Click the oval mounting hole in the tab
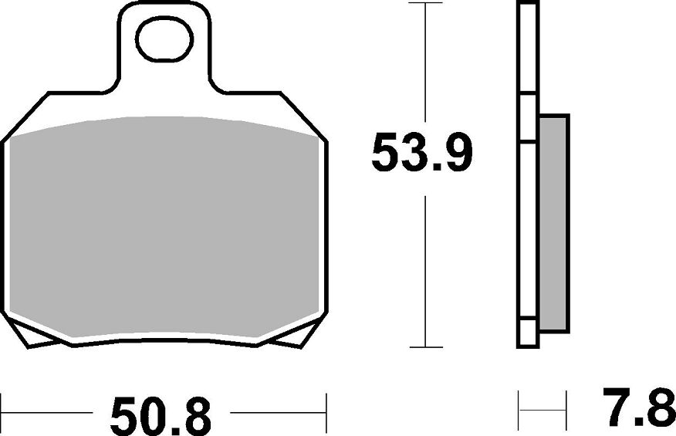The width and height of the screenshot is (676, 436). tap(164, 39)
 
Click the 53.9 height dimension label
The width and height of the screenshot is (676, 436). tap(421, 152)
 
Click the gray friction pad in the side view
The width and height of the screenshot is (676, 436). tap(553, 223)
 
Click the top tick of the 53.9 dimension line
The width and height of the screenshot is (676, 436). tap(425, 3)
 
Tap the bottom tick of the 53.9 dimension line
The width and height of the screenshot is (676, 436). tap(425, 347)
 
